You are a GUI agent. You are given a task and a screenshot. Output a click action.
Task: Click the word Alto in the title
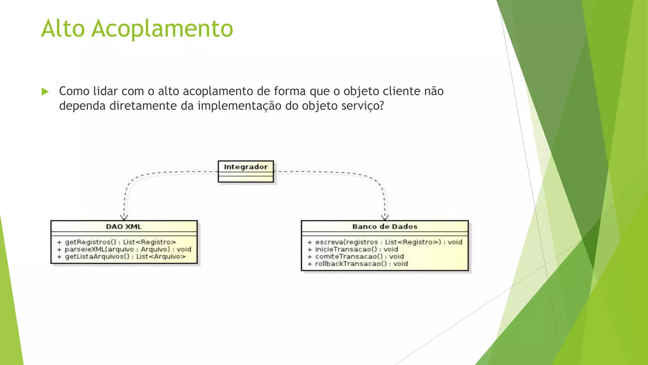click(63, 29)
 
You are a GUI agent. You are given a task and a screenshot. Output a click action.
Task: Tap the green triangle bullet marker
click(45, 92)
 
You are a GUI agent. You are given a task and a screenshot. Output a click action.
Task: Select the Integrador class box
click(246, 171)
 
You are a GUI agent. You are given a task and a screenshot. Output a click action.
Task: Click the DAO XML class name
click(124, 227)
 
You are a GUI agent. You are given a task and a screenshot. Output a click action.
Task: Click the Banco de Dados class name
click(385, 227)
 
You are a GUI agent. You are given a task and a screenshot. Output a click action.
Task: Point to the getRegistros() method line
click(116, 242)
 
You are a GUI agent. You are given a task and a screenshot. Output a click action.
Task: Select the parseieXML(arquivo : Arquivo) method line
click(124, 249)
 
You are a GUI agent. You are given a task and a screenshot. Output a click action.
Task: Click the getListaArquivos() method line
click(121, 257)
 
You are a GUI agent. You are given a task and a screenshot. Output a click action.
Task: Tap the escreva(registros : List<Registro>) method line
click(385, 242)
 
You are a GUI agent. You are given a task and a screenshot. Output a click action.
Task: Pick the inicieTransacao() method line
click(352, 249)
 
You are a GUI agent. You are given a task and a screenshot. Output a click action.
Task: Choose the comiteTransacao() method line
click(355, 257)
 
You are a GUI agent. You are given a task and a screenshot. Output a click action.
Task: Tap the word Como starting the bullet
click(74, 91)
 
